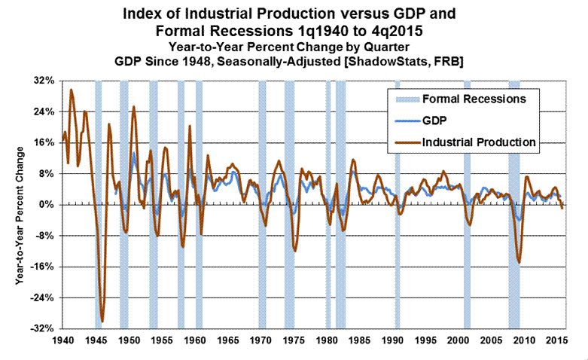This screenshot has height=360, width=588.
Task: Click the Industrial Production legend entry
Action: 479,141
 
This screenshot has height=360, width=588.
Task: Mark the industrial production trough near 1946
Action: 102,322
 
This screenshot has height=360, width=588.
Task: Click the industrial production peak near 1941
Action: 72,90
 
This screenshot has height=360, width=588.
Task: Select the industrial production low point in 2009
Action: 519,262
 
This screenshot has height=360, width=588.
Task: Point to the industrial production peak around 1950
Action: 134,107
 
